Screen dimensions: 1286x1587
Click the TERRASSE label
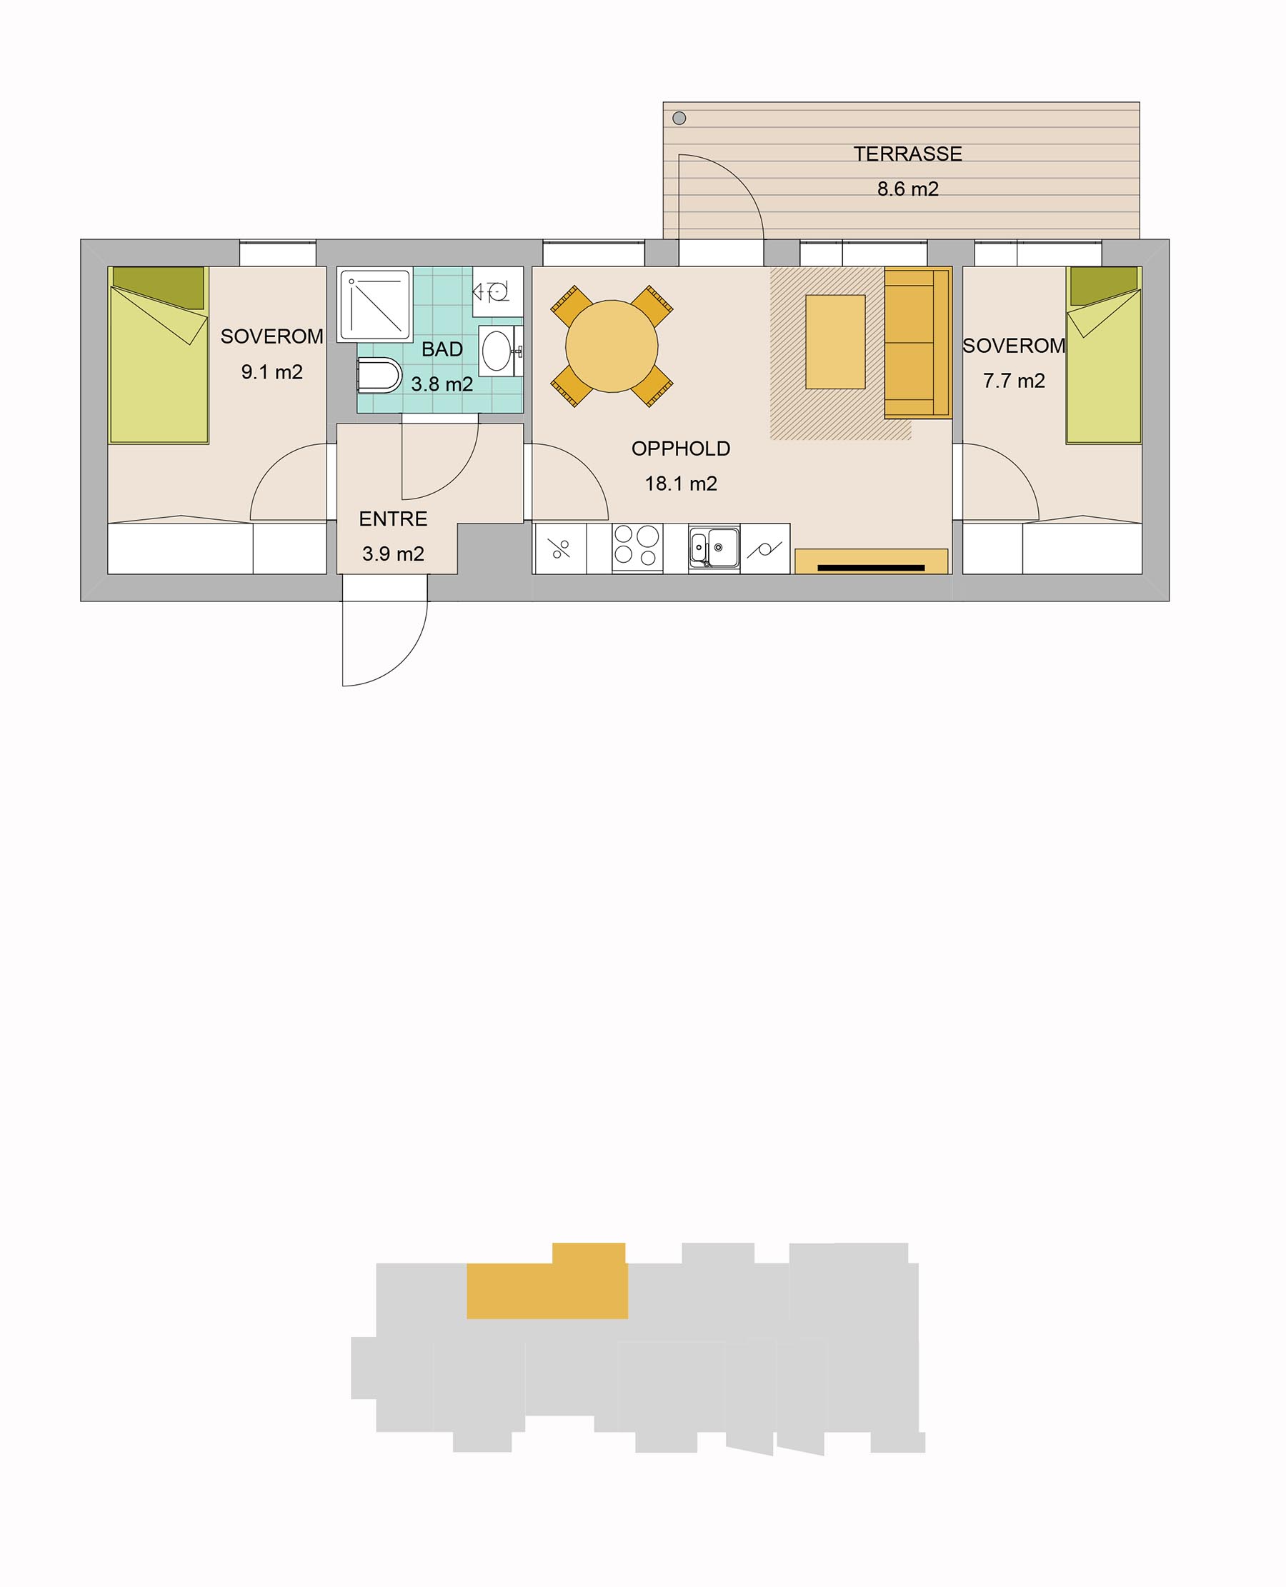point(907,154)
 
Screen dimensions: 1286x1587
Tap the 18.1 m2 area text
point(681,484)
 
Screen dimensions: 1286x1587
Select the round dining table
point(612,346)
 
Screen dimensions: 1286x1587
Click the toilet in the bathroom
point(379,375)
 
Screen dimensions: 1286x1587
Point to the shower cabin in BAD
point(375,305)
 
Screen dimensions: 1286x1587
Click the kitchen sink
point(714,548)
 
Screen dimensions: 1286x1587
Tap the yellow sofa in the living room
point(918,343)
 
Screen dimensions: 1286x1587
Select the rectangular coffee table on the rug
point(835,341)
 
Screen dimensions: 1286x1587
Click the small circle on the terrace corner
point(679,119)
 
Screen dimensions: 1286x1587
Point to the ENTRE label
point(394,519)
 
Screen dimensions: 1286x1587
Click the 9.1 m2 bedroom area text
point(272,372)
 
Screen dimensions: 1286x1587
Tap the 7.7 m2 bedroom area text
point(1014,381)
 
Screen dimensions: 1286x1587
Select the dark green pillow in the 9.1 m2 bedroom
point(159,287)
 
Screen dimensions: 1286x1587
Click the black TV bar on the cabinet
point(871,568)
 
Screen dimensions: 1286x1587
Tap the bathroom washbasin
point(497,350)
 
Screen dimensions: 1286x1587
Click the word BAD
point(442,349)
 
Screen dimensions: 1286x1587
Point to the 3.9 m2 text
point(394,554)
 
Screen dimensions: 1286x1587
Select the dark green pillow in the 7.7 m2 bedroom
point(1104,286)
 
